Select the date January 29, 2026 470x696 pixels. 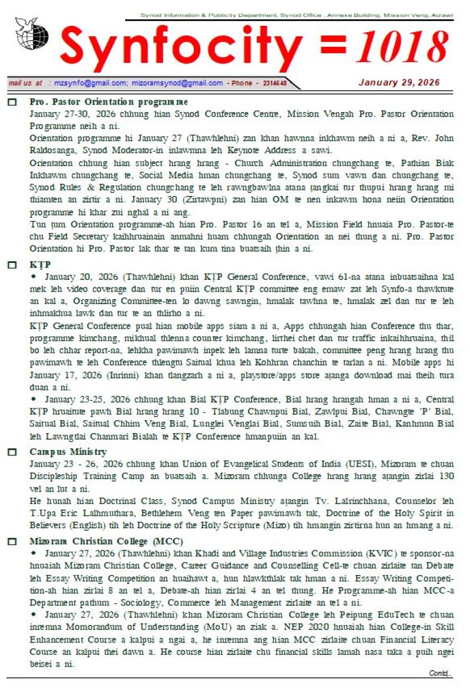click(x=399, y=83)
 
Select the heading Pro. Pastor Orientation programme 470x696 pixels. click(x=109, y=102)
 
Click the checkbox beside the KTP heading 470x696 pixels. click(x=12, y=265)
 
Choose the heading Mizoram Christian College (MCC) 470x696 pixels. click(x=106, y=540)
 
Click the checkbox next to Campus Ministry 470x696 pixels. click(x=12, y=452)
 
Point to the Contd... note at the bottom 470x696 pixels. click(x=441, y=673)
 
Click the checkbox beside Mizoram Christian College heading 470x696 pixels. click(x=12, y=541)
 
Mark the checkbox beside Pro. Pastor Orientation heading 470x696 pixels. click(x=12, y=102)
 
